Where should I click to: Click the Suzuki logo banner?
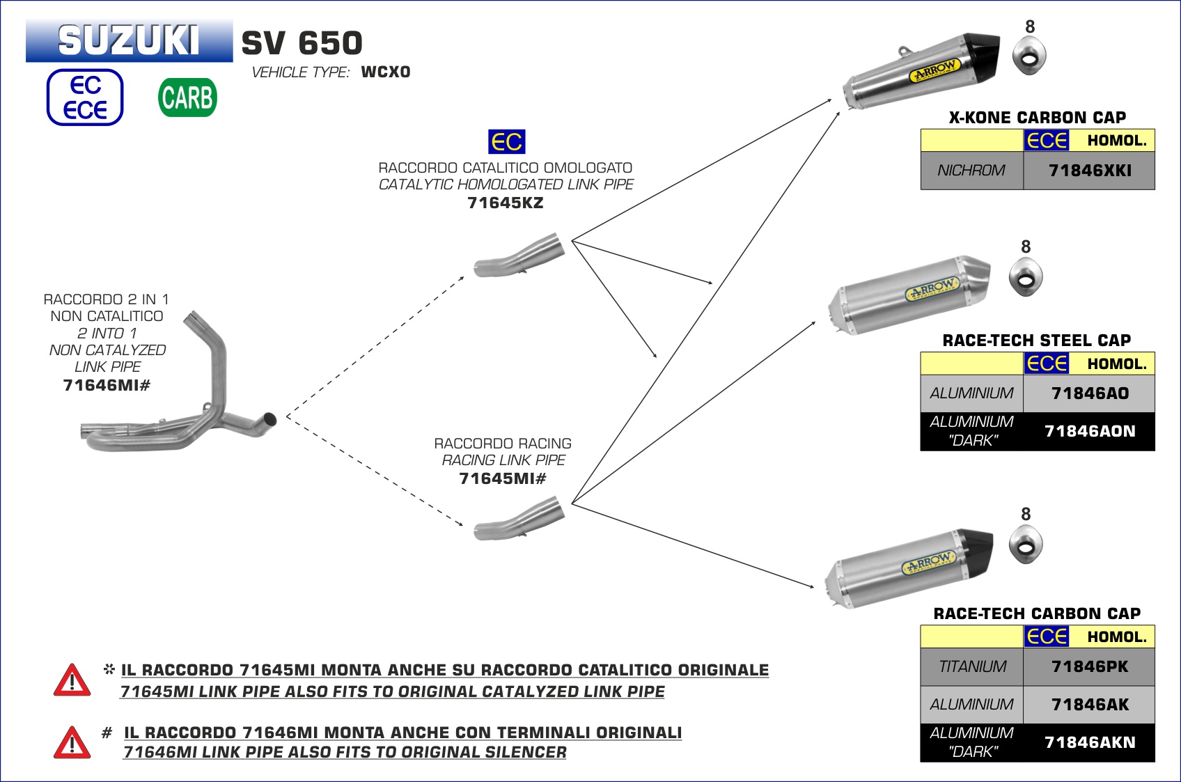tap(129, 40)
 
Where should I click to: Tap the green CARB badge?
tap(187, 97)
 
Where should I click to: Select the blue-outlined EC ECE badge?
tap(85, 97)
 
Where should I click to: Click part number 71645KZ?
tap(505, 203)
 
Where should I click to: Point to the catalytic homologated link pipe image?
tap(519, 255)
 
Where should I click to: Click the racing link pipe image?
tap(519, 519)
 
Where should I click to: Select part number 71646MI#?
tap(107, 385)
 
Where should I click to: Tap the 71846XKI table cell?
tap(1089, 171)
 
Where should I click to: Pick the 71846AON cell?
tap(1089, 432)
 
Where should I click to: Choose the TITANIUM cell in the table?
tap(972, 667)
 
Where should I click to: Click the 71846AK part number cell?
tap(1089, 705)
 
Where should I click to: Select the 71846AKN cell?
tap(1089, 742)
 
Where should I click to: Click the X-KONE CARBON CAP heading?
tap(1037, 117)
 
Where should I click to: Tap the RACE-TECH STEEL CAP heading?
tap(1036, 341)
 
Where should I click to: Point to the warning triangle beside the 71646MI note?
tap(72, 742)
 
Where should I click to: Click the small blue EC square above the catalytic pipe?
tap(506, 142)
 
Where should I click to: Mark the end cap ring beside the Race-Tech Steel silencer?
tap(1026, 277)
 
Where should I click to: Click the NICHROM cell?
tap(971, 171)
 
